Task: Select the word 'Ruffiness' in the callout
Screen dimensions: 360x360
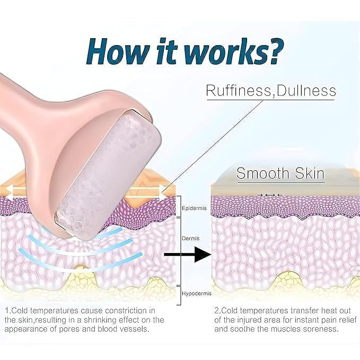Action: pyautogui.click(x=238, y=91)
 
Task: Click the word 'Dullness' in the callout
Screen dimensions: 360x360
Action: pyautogui.click(x=306, y=90)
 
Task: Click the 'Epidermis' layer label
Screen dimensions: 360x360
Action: pyautogui.click(x=194, y=208)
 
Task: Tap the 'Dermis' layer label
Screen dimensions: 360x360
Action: pyautogui.click(x=190, y=239)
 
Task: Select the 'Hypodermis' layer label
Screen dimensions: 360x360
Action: pyautogui.click(x=197, y=293)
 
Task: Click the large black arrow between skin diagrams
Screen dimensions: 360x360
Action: pyautogui.click(x=188, y=254)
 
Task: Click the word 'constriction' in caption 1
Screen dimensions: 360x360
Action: pyautogui.click(x=127, y=311)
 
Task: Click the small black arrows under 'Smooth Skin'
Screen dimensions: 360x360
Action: pyautogui.click(x=269, y=195)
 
